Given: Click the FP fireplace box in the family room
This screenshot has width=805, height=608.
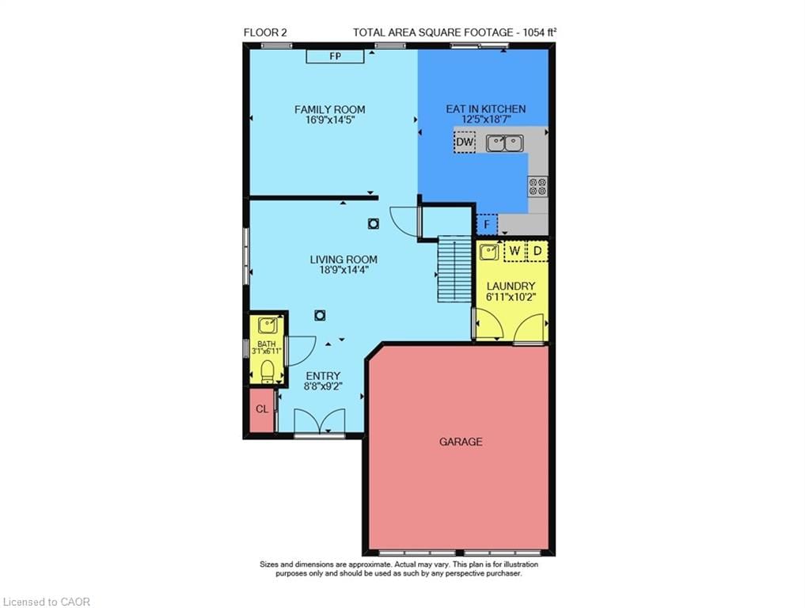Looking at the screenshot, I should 334,56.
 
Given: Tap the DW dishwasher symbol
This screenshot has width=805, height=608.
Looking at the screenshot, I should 465,142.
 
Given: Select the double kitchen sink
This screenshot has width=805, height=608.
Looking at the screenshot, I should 504,142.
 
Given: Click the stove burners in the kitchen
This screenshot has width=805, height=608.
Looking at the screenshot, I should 537,187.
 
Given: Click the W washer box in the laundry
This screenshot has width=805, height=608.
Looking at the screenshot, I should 515,252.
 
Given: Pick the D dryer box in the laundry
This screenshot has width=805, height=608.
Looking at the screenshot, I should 537,252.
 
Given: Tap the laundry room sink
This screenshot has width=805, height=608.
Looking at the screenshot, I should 489,253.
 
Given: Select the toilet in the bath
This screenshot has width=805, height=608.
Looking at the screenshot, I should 267,370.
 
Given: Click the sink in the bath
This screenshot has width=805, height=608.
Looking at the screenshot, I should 266,325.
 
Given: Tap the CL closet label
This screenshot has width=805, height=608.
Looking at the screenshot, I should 261,409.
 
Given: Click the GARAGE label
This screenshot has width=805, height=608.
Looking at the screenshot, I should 461,442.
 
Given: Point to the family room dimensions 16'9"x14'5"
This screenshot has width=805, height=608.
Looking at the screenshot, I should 329,121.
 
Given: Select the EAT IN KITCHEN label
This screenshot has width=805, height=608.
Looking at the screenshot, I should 485,109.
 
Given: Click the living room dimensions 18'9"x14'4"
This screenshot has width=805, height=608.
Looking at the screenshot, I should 343,270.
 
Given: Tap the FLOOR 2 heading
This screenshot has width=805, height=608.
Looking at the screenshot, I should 265,32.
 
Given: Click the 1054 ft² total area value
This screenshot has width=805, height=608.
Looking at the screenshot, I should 540,32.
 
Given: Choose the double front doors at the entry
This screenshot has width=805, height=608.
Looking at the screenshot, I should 319,421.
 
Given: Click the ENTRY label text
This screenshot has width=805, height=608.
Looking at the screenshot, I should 323,376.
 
